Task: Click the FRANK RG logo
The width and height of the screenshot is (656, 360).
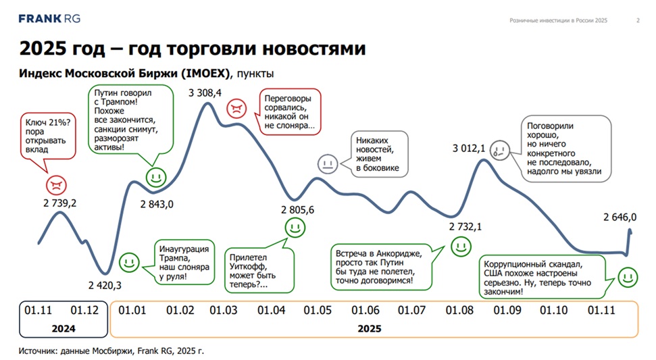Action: point(49,19)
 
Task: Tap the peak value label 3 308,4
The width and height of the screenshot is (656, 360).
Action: point(205,93)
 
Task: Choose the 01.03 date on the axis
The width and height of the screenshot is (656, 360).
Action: point(224,310)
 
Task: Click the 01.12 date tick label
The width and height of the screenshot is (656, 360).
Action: point(84,310)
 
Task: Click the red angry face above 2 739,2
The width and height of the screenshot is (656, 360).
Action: point(56,184)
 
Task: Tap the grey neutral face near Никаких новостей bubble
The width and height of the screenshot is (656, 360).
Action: point(328,163)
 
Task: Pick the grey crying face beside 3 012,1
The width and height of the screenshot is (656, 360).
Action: point(499,148)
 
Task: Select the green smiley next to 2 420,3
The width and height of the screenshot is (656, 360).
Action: point(128,262)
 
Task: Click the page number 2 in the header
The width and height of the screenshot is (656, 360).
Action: point(638,20)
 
